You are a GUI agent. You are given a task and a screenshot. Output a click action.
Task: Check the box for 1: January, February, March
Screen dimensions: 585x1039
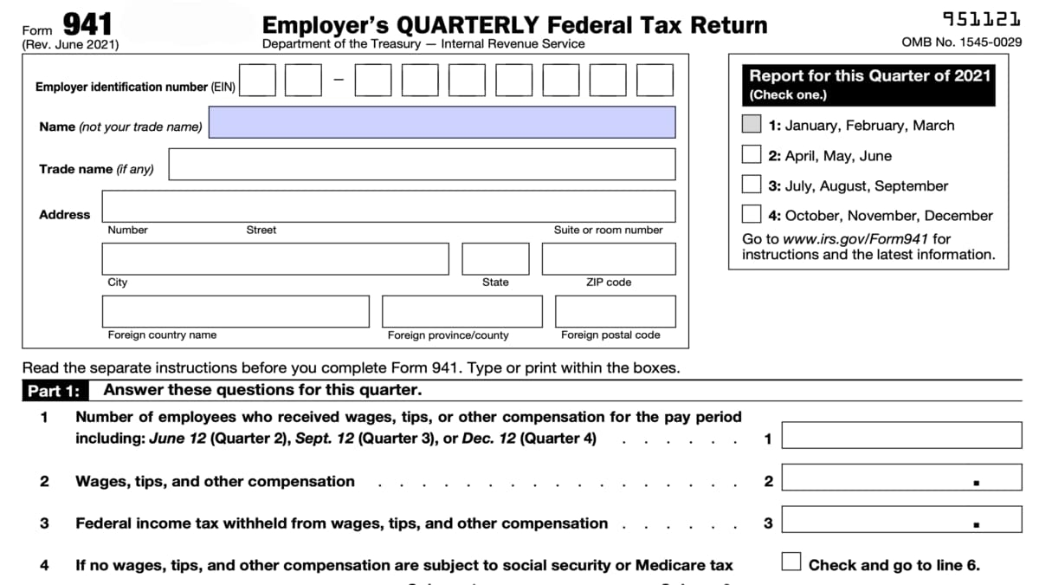[752, 125]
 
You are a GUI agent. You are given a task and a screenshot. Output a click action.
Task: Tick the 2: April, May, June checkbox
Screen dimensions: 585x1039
[752, 155]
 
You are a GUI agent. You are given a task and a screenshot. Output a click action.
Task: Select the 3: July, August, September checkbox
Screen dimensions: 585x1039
[752, 185]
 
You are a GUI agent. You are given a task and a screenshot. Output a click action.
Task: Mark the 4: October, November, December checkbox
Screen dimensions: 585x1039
[752, 214]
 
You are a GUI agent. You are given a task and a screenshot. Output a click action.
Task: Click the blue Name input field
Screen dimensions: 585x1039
[442, 122]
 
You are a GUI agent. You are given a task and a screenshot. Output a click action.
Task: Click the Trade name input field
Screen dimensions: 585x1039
[422, 164]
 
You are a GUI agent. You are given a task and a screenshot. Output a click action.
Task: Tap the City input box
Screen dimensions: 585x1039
[275, 259]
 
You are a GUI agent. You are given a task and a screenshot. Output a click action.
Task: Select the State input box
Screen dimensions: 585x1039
[495, 259]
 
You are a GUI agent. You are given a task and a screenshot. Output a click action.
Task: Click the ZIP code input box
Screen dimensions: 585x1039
[609, 259]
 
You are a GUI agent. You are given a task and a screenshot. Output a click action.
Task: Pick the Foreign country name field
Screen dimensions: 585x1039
[236, 311]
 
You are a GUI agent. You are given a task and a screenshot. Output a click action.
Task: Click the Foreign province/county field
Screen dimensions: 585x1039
[461, 311]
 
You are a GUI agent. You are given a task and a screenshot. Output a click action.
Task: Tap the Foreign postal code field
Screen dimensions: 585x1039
[616, 311]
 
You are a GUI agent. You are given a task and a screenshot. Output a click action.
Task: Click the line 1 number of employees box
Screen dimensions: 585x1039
[901, 435]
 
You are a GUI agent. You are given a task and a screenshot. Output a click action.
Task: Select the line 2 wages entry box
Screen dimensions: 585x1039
[901, 478]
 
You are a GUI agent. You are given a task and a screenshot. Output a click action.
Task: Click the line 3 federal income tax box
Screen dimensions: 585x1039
[901, 520]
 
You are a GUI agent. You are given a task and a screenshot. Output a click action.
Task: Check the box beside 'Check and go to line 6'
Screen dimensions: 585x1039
[791, 562]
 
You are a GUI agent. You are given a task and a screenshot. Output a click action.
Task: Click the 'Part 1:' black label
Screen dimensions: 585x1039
[53, 391]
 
